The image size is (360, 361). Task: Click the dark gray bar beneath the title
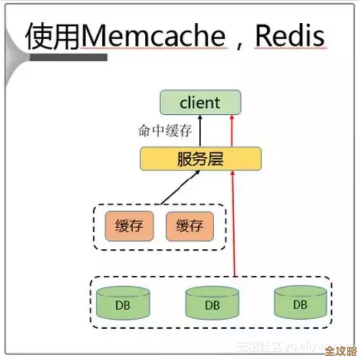point(68,57)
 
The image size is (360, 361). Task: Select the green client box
point(200,103)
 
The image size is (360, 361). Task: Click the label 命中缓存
point(165,131)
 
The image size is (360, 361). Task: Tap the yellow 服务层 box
point(200,159)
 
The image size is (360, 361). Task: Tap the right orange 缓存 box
point(190,226)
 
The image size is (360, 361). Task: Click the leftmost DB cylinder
point(124,304)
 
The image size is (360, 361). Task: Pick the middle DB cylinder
point(212,304)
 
